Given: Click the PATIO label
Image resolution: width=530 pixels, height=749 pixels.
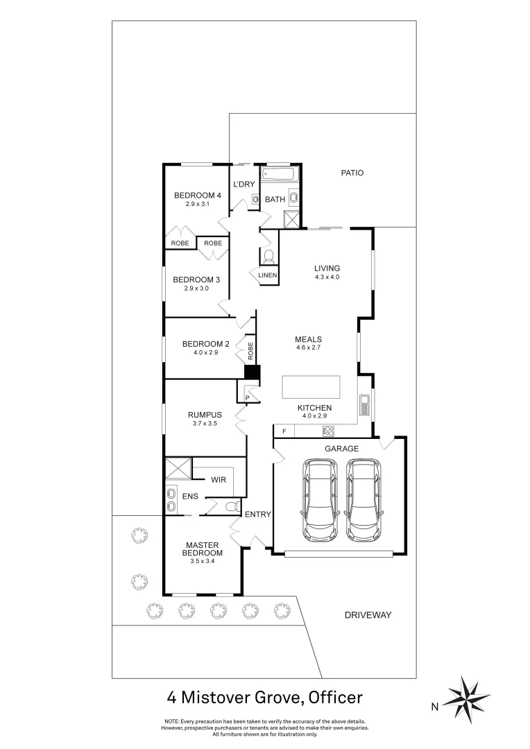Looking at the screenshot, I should coord(352,173).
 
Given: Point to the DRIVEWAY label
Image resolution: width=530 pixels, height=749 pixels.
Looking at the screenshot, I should coord(368,615).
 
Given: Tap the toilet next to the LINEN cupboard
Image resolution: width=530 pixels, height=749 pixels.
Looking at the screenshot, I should coord(268,256).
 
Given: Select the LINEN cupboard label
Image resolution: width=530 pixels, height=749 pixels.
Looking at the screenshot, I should coord(268,275).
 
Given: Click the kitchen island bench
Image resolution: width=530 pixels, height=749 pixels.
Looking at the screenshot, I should coord(311,387).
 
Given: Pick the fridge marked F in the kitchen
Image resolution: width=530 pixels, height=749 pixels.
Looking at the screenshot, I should coord(283,431).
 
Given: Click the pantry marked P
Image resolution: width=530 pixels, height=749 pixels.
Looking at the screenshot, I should coord(247,397).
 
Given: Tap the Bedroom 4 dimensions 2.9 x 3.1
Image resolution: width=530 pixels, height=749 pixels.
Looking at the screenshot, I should coord(197,205).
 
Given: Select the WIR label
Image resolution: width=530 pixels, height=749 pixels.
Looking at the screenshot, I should coord(219,479).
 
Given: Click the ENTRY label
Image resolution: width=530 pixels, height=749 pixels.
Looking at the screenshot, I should coord(257,515).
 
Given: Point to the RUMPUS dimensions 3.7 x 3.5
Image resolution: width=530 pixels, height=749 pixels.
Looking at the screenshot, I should coord(205,422).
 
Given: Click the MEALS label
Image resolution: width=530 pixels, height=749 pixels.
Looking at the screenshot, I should coord(308,339).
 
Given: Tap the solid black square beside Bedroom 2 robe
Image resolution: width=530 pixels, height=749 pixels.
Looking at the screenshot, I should coord(252,372).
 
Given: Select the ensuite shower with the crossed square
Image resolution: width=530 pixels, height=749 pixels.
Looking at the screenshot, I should coord(177,470).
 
